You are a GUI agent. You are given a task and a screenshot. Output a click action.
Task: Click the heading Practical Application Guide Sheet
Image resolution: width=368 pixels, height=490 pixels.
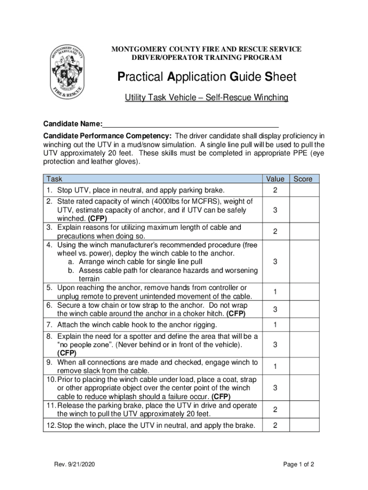coord(206,77)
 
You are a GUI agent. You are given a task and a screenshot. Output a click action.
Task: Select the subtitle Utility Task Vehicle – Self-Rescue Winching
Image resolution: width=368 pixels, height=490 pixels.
coord(206,98)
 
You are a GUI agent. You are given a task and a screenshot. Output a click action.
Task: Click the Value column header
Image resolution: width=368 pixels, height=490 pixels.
coord(275,179)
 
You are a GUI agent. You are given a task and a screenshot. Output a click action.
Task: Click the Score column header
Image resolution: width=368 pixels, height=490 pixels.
coord(303,179)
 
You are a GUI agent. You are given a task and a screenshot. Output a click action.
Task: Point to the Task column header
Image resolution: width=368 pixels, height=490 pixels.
coord(54,179)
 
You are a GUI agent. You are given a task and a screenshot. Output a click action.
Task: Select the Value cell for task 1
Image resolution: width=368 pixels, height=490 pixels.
coord(275,191)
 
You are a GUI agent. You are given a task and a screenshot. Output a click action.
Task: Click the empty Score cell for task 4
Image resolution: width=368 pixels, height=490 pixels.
coord(304,262)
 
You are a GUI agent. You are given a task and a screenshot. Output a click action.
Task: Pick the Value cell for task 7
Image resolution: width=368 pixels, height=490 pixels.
coord(275,325)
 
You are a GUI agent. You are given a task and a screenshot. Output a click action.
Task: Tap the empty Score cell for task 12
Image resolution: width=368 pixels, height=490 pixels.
coord(304,425)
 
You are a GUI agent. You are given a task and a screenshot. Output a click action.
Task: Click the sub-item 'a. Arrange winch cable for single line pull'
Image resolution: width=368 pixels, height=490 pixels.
coord(134,262)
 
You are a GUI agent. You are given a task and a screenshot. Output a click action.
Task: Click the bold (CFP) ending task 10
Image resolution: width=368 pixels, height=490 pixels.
coord(221,397)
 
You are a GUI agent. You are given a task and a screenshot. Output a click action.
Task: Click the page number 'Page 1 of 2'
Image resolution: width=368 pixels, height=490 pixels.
coord(298,464)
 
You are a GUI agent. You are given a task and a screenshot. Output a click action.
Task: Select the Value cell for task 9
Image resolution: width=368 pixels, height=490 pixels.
coord(275,367)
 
